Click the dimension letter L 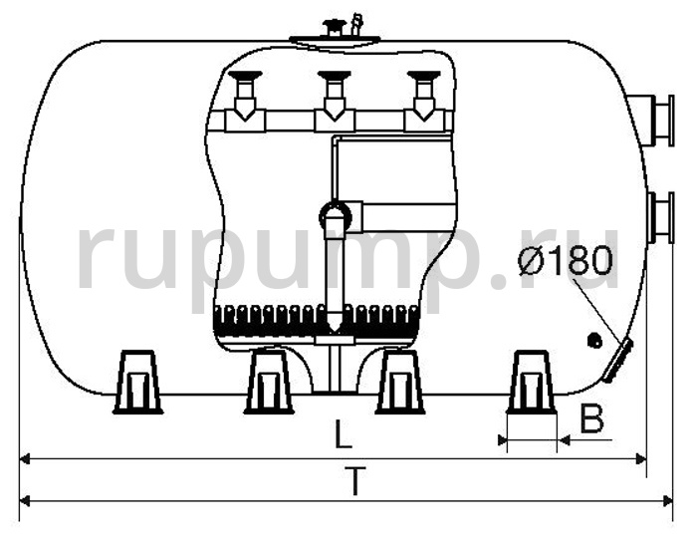[x=343, y=432]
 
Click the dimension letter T [x=354, y=480]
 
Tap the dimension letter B [x=592, y=418]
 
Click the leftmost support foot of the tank [x=137, y=382]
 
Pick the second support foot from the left [x=269, y=382]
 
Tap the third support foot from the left [x=399, y=382]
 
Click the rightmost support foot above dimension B [x=531, y=382]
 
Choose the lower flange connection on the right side [x=659, y=217]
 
